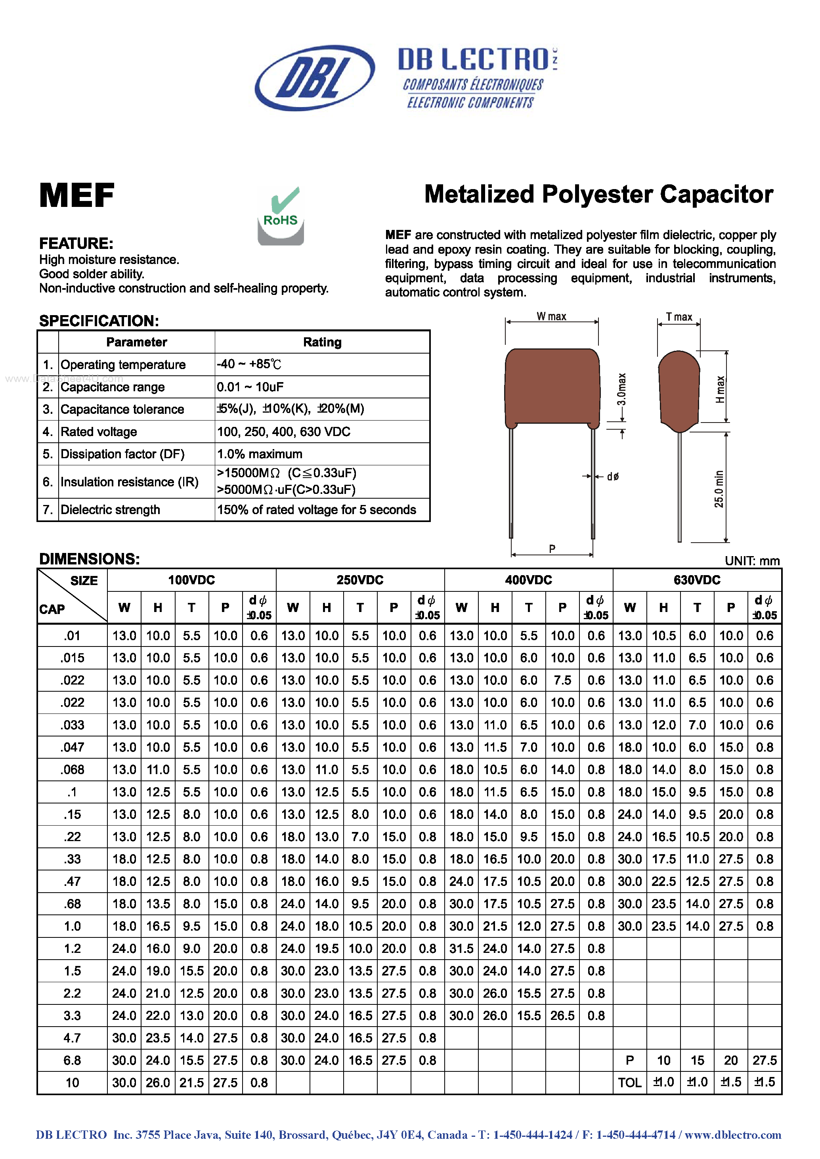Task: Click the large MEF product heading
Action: [77, 195]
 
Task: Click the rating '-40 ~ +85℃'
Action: [248, 364]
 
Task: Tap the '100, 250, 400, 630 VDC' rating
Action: [283, 432]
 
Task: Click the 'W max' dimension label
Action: [551, 317]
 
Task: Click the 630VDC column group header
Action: [697, 580]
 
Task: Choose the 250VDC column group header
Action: [360, 580]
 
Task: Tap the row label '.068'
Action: [72, 770]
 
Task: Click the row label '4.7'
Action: [72, 1038]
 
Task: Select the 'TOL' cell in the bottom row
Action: [630, 1082]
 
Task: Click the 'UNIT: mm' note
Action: [752, 561]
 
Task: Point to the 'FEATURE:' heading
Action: [76, 243]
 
